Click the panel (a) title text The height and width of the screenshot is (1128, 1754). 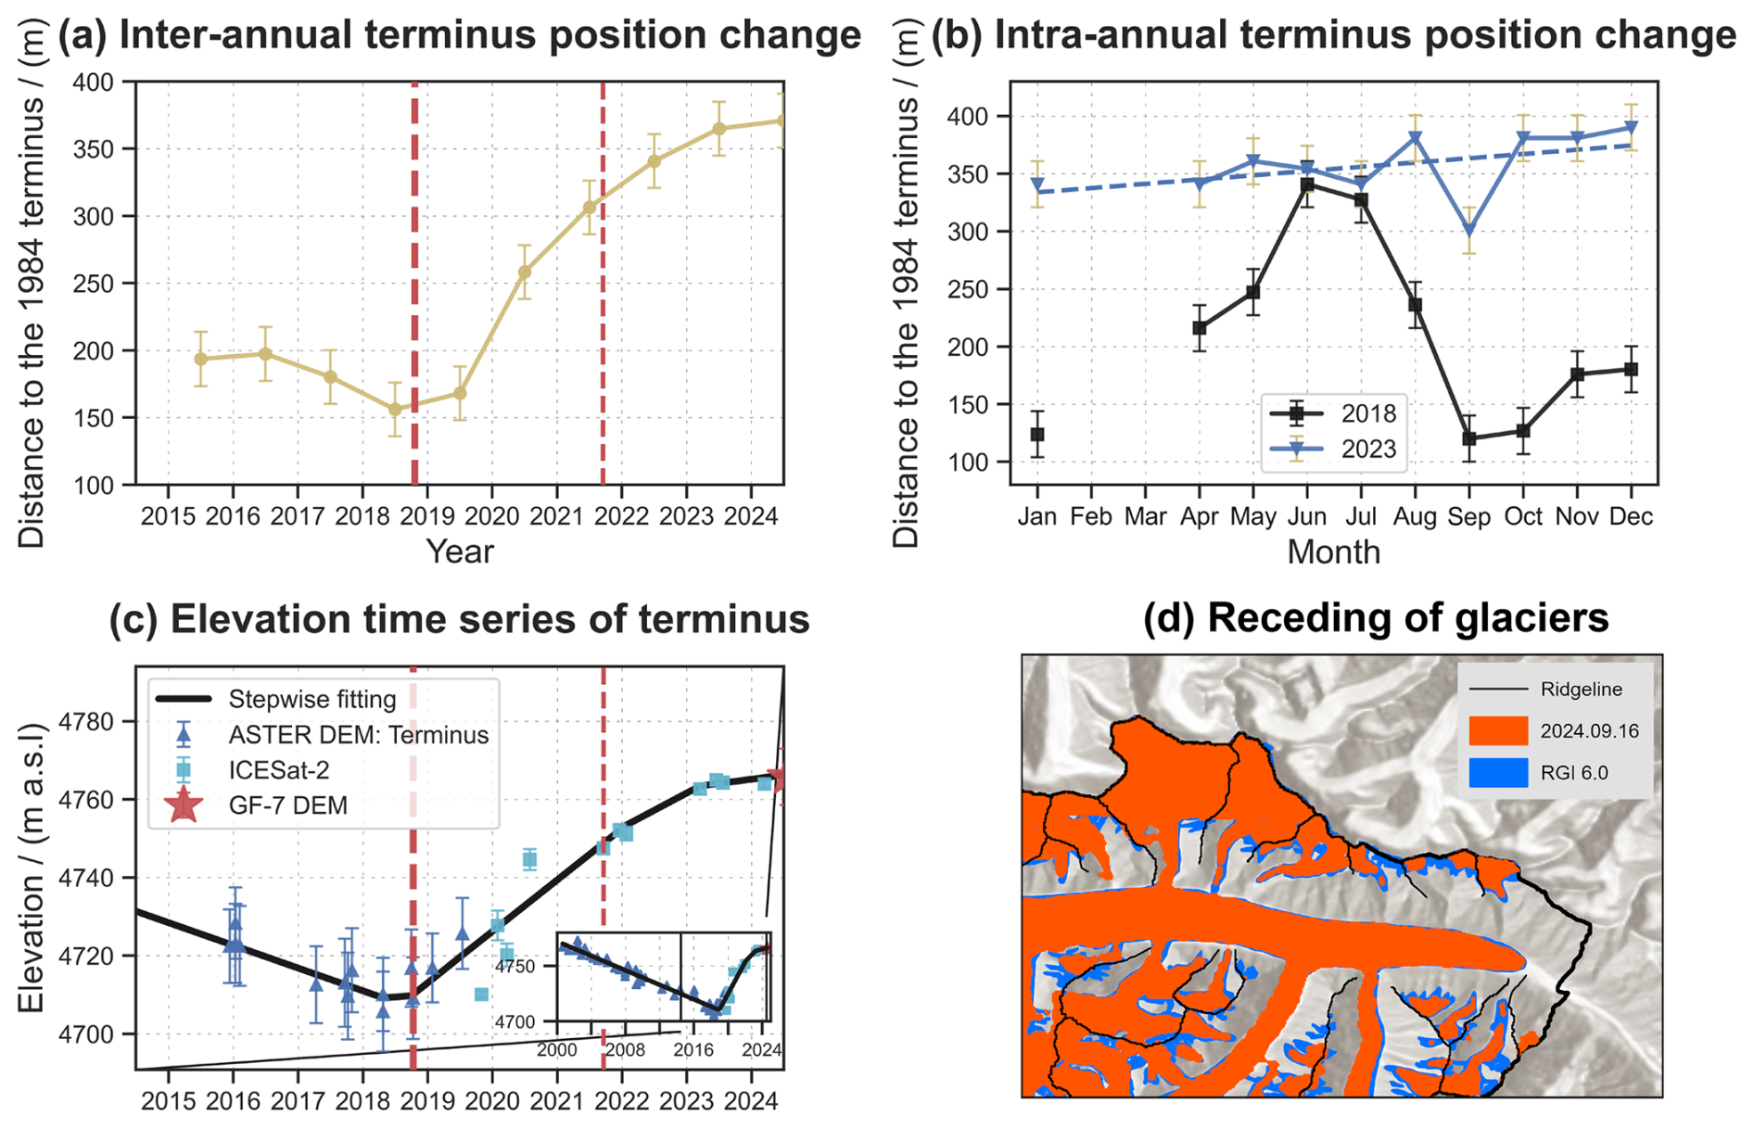tap(460, 35)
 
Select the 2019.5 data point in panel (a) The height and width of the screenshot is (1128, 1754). tap(460, 394)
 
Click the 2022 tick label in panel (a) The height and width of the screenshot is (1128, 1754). tap(621, 516)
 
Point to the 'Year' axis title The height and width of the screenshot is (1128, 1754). tap(460, 551)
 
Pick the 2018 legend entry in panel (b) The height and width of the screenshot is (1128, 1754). tap(1333, 413)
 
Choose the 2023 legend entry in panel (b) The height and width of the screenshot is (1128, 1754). tap(1333, 450)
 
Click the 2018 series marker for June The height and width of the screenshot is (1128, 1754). tap(1307, 185)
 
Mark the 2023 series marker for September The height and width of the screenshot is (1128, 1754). tap(1469, 232)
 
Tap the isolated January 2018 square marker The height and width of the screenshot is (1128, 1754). tap(1037, 435)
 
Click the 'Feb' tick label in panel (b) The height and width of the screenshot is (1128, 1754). tap(1091, 516)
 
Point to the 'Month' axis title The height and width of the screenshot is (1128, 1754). tap(1334, 552)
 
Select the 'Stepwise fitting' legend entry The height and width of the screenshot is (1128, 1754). tap(276, 699)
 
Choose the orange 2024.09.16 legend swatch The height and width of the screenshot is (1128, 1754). tap(1498, 730)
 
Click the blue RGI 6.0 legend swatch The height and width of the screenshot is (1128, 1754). tap(1498, 772)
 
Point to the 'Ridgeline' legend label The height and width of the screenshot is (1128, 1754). tap(1582, 690)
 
